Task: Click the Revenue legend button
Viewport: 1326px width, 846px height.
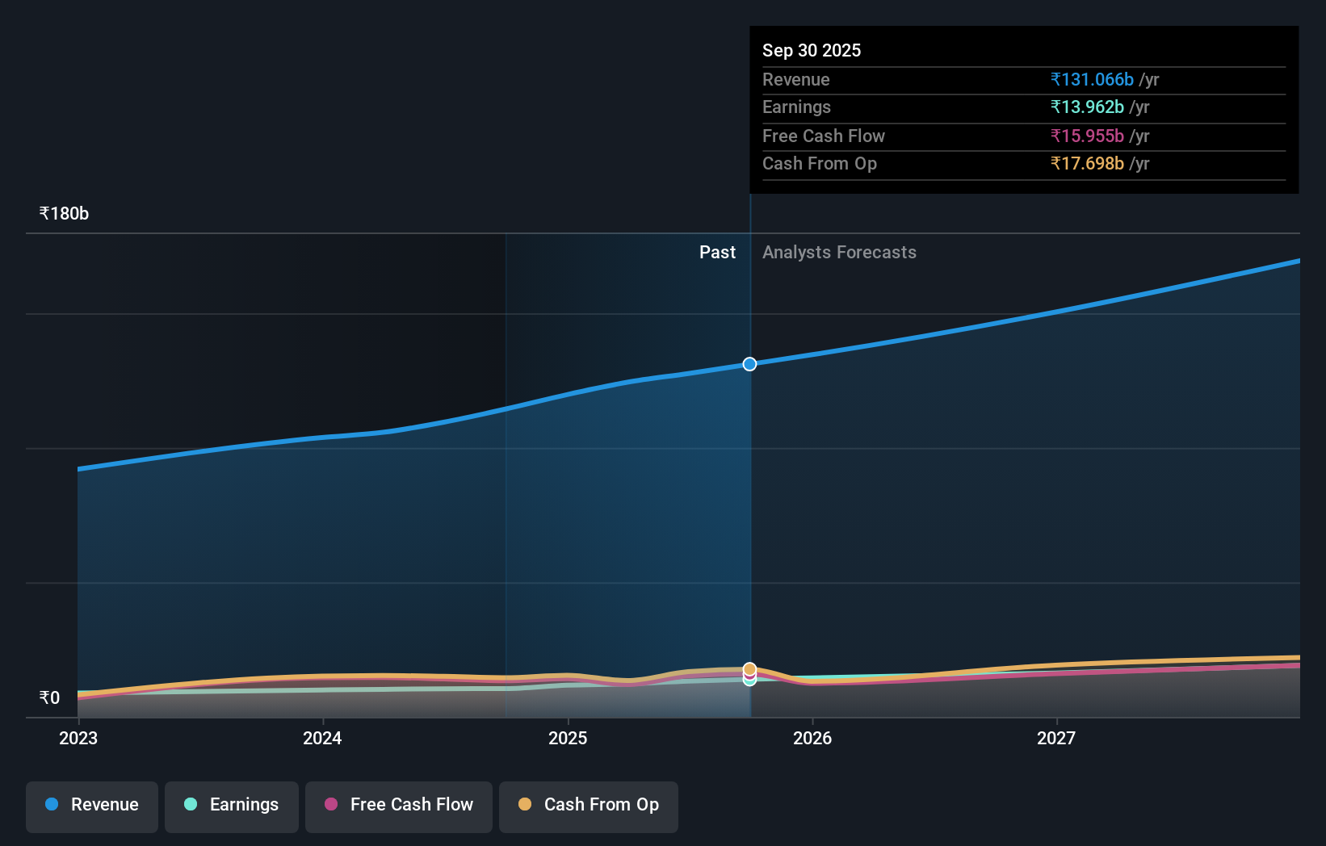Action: (92, 805)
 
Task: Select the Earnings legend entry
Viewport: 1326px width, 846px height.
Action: (232, 805)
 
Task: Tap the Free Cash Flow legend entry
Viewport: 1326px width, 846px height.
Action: (399, 805)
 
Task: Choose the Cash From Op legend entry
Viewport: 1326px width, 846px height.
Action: (589, 805)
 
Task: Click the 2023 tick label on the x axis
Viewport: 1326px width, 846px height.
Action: (78, 738)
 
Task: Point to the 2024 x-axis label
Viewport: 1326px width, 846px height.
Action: (322, 738)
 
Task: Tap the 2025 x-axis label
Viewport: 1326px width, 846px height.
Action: (568, 738)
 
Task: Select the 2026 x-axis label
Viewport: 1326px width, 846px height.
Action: (812, 738)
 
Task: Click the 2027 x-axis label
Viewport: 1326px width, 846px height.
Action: (1056, 738)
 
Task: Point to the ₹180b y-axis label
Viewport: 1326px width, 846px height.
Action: (64, 214)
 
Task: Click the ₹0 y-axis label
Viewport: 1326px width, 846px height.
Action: (49, 698)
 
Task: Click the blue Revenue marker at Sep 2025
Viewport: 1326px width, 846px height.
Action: (749, 364)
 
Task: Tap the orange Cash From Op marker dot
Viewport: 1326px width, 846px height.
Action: (749, 668)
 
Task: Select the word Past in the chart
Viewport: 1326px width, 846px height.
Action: (717, 253)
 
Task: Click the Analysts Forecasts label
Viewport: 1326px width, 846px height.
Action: (839, 253)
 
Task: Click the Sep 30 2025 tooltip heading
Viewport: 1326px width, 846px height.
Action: (812, 50)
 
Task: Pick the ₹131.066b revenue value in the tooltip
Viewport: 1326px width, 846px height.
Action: (1092, 80)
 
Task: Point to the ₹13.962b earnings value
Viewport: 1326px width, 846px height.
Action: (1087, 107)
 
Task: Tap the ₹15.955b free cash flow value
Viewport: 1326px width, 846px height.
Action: (1087, 136)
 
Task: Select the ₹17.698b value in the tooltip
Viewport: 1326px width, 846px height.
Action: (1087, 164)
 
